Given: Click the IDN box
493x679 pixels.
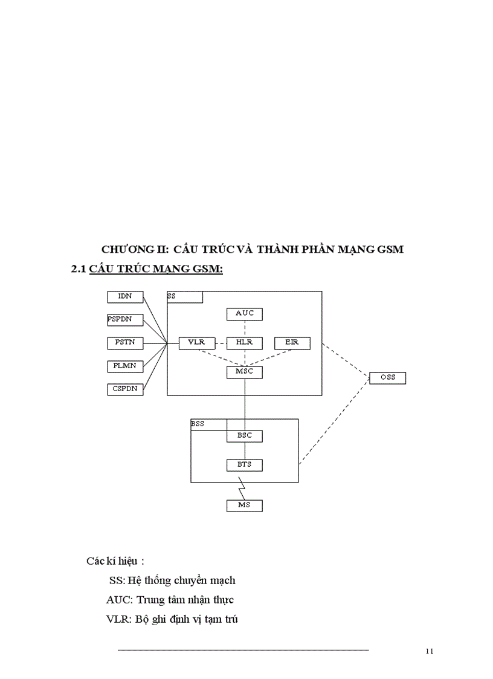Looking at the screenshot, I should pos(125,296).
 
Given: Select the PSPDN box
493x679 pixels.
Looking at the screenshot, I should pos(125,320).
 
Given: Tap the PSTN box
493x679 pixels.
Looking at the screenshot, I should pos(125,343).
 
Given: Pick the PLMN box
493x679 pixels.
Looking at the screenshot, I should pos(125,366).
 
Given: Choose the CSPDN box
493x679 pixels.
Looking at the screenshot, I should pos(125,389).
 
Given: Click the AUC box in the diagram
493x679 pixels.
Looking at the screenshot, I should pos(245,314).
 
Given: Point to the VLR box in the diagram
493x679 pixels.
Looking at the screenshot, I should pos(197,343).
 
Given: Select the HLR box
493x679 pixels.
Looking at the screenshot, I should pos(245,343).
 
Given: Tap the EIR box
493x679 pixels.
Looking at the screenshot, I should pos(292,343).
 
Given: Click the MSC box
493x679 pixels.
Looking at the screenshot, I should pos(245,372).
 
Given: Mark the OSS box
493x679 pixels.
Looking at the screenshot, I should pos(387,378).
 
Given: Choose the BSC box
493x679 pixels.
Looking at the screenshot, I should pos(245,435).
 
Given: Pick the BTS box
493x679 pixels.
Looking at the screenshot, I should pos(245,465).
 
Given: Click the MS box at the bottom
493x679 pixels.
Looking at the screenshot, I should pos(245,505).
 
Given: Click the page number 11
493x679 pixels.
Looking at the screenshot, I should pos(430,651).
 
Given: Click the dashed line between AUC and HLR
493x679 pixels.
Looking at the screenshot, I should pos(245,328).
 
